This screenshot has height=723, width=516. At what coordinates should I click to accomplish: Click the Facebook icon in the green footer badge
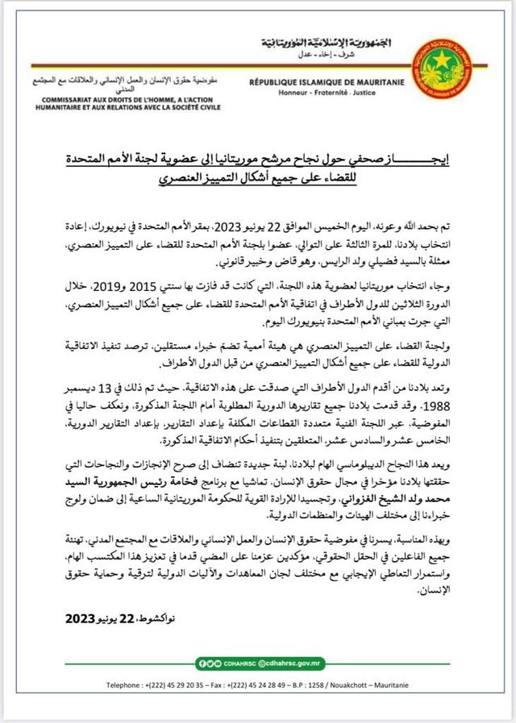tap(207, 663)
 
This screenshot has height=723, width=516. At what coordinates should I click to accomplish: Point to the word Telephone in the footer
tap(125, 685)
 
